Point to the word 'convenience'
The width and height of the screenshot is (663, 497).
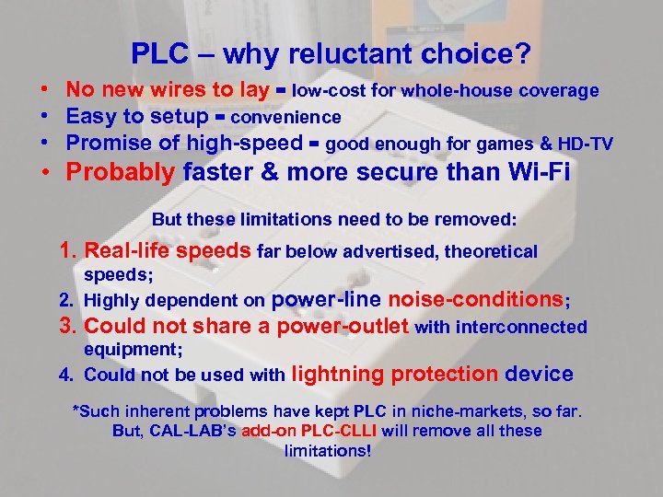[x=286, y=118]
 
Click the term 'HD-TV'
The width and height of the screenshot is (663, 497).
[x=586, y=143]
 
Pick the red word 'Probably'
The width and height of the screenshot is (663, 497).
[x=121, y=172]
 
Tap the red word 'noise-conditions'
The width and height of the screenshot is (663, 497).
[x=476, y=299]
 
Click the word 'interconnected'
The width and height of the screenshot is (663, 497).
[x=529, y=327]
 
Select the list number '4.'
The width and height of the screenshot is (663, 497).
[x=66, y=375]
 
